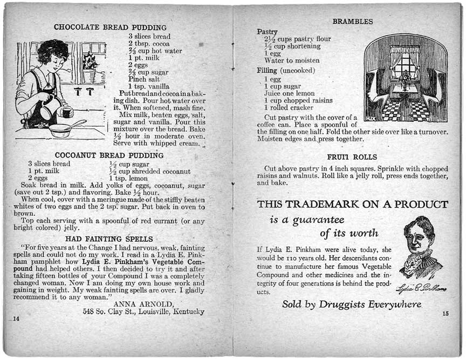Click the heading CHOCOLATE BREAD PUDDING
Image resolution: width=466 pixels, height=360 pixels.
pos(110,27)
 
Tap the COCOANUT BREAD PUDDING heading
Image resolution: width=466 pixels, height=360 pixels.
pos(109,155)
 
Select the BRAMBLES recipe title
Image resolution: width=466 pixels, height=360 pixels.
pos(352,22)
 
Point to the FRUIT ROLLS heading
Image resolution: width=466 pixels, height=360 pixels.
pos(352,157)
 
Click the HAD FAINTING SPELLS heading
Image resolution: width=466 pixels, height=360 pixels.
pos(109,239)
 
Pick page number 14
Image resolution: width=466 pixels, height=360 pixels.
pos(16,319)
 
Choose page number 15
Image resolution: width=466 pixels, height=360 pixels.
pos(446,313)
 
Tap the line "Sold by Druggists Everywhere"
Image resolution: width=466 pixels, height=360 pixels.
pos(351,305)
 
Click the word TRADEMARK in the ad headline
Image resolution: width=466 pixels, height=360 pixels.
pos(320,205)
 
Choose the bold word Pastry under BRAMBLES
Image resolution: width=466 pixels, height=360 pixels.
pos(268,32)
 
